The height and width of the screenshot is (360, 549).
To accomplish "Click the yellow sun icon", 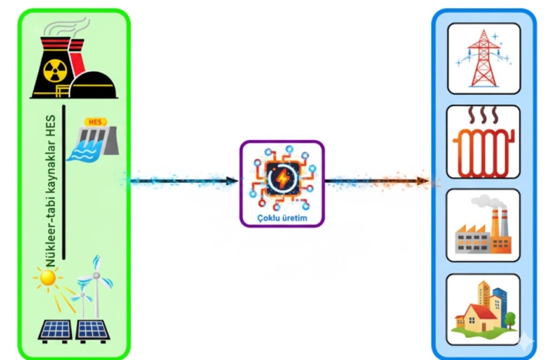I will (x=48, y=278).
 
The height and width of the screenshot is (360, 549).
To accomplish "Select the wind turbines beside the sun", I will (x=90, y=285).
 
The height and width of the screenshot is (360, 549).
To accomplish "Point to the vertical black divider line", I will (x=65, y=181).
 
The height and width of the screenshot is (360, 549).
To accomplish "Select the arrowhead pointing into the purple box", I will (x=233, y=181).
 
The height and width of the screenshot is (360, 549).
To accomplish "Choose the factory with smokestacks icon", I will (x=483, y=231).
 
